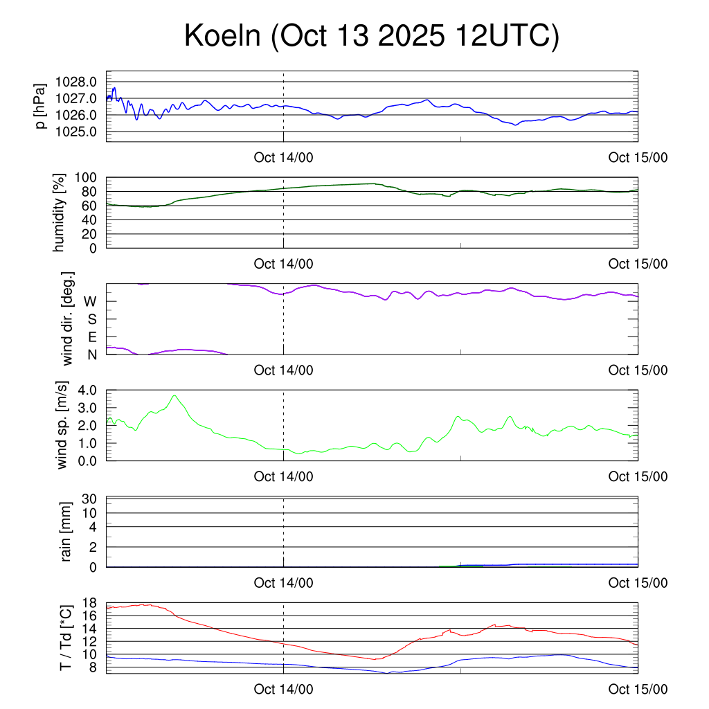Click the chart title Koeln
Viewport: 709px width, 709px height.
point(370,37)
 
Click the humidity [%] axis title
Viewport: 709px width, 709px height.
point(60,213)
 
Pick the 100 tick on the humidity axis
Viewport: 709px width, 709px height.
point(91,177)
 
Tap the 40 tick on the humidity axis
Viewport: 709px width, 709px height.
point(94,220)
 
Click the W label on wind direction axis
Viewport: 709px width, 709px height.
point(90,301)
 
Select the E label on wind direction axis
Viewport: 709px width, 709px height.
point(92,337)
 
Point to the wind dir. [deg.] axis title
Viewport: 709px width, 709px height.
point(67,318)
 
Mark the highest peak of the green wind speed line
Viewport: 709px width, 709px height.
point(174,396)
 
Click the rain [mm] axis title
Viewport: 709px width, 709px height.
point(67,532)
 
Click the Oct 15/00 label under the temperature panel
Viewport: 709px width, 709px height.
point(638,689)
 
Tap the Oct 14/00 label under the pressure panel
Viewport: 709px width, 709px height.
point(283,157)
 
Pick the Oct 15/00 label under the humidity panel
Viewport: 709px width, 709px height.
point(638,264)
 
